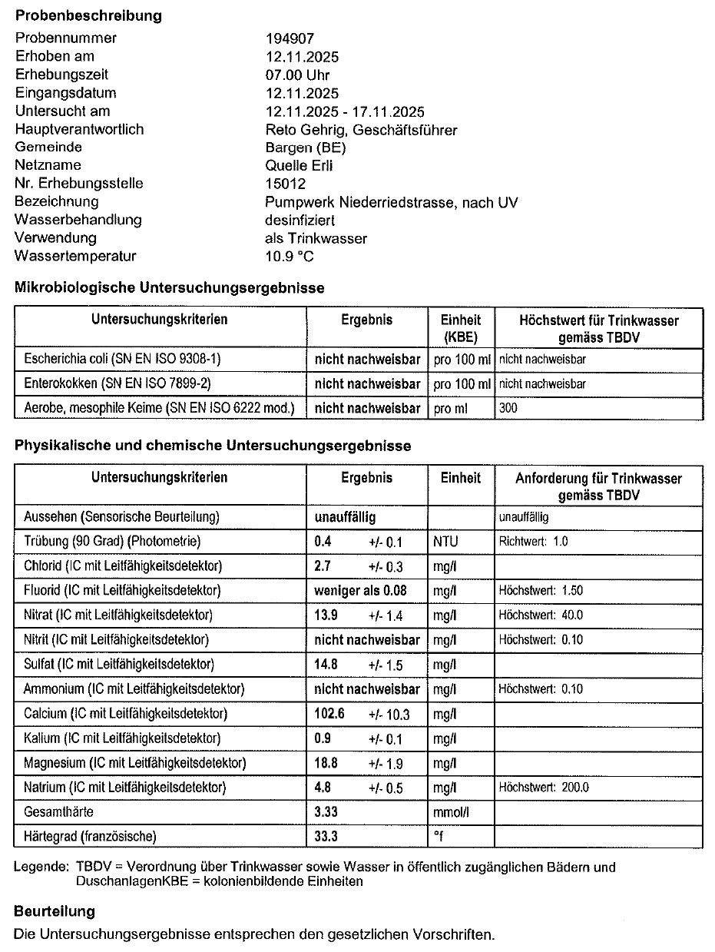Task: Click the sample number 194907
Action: coord(290,38)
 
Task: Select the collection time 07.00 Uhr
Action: coord(297,75)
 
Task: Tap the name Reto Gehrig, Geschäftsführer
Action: coord(361,129)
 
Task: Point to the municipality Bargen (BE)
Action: coord(305,147)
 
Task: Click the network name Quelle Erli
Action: coord(299,165)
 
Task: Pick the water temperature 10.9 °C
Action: coord(290,256)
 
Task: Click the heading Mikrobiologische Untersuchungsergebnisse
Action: coord(169,288)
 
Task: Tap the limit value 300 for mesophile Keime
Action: coord(508,408)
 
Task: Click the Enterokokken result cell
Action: coord(367,383)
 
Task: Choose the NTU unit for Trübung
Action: coord(445,542)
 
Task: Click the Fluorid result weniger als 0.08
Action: coord(361,590)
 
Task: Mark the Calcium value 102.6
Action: coord(329,713)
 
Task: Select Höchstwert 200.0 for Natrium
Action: coord(544,788)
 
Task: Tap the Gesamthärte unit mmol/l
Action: coord(451,812)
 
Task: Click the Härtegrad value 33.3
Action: coord(326,836)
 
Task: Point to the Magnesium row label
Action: coord(134,763)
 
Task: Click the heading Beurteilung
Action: coord(55,911)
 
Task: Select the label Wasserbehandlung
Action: coord(78,220)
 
